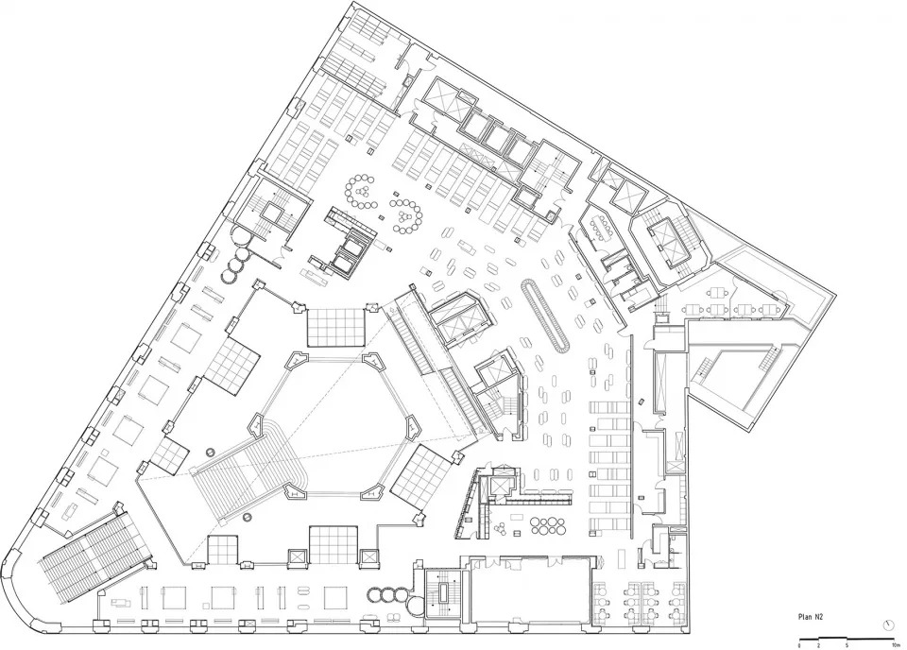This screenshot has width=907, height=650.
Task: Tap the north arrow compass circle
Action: pyautogui.click(x=888, y=624)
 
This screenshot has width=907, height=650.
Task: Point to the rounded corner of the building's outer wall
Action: pyautogui.click(x=21, y=590)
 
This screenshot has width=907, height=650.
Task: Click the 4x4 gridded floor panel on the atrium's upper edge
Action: pyautogui.click(x=334, y=327)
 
